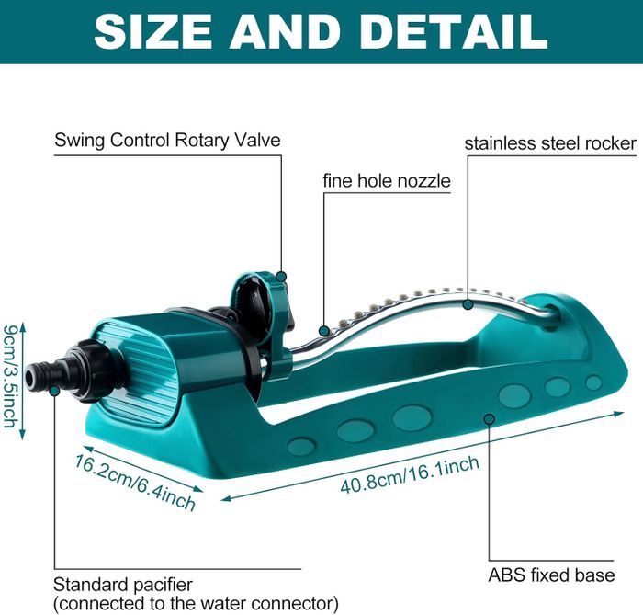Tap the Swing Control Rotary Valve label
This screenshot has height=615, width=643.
(x=167, y=141)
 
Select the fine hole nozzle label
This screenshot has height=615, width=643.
(x=386, y=180)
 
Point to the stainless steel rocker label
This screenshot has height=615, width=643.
(x=549, y=143)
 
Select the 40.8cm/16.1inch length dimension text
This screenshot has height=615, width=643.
(x=410, y=472)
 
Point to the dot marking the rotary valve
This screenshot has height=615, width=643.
(x=282, y=276)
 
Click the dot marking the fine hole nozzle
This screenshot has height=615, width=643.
(x=322, y=329)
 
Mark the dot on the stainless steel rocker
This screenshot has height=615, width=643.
(x=468, y=303)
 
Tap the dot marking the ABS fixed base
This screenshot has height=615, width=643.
(x=490, y=420)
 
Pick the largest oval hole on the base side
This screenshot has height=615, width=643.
(x=412, y=417)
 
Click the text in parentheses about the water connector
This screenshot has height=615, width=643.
(x=196, y=603)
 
